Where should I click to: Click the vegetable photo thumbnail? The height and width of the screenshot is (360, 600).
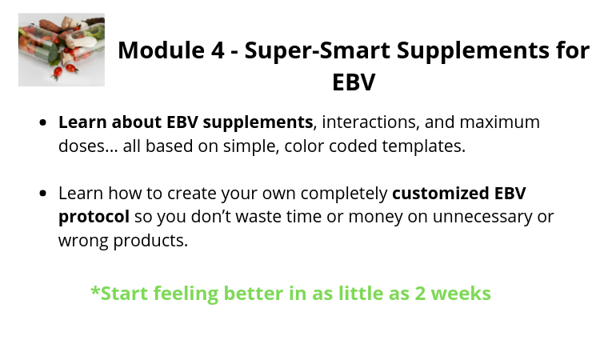coord(62,50)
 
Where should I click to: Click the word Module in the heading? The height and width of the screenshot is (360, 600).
coord(161,50)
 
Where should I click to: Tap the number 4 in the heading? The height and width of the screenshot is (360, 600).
coord(217,50)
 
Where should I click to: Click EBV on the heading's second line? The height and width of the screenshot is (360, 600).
coord(354,82)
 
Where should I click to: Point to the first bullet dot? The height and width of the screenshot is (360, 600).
coord(43,122)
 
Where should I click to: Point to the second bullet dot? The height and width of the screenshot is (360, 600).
coord(43,193)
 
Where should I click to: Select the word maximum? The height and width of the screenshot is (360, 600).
coord(500,122)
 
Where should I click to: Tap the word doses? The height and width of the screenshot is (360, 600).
coord(88,146)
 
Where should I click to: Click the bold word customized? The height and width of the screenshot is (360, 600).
coord(441,193)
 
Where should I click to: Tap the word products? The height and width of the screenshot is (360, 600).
coord(150,241)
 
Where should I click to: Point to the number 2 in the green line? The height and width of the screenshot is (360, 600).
coord(420,294)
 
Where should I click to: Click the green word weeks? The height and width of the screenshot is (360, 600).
coord(461,294)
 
